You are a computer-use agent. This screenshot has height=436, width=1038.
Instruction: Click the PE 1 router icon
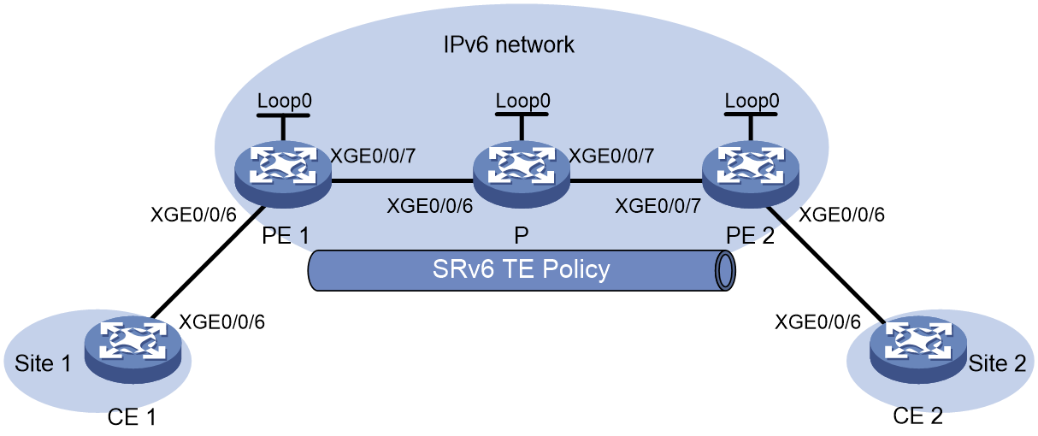283,174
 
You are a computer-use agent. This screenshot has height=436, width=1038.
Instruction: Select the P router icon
522,174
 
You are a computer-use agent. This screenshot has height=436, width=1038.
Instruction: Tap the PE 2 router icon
751,174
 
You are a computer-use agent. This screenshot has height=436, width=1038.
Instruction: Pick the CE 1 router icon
133,350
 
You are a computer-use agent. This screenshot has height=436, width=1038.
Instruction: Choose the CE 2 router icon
918,350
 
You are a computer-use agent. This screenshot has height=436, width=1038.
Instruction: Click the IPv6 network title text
509,45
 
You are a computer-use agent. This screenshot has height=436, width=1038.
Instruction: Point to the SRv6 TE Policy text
521,269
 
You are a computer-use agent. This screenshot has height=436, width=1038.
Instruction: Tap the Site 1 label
43,363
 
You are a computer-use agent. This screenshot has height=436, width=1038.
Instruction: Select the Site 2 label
997,363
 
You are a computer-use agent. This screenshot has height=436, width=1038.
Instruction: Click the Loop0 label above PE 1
284,101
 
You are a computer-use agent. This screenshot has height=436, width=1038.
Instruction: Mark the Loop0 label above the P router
522,101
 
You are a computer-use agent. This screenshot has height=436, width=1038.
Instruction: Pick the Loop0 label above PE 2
752,101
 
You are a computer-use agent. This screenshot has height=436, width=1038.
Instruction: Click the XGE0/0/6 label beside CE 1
222,322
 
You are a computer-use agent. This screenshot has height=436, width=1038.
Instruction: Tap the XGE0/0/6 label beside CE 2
817,322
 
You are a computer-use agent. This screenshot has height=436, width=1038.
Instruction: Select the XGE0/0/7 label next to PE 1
373,156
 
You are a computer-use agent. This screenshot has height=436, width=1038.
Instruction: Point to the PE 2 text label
750,236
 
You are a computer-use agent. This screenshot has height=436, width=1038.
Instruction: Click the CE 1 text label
132,417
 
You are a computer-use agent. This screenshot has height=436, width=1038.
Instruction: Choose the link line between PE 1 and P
402,180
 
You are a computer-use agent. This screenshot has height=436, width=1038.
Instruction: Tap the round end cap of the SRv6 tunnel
725,271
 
